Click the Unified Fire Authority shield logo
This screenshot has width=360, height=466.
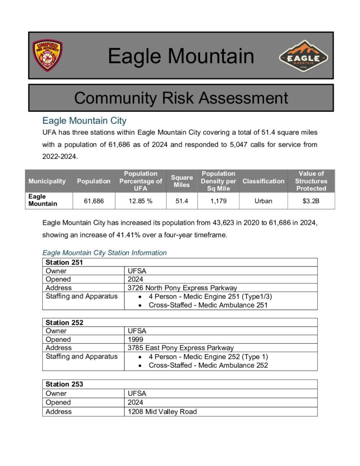point(47,56)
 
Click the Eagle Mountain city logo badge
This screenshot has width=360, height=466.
point(304,56)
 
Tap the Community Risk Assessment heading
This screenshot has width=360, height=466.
point(181,98)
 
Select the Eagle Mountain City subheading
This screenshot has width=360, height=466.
point(84,121)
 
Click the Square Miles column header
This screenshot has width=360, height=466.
point(182,181)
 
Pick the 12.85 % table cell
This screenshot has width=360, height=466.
point(141,201)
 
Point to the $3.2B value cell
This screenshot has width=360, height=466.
point(311,201)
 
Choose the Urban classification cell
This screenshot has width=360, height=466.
point(263,201)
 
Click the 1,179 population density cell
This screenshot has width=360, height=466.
point(218,201)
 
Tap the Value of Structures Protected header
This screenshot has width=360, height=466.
point(311,181)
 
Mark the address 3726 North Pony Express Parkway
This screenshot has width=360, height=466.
point(183,288)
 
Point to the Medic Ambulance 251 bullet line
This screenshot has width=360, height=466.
point(208,305)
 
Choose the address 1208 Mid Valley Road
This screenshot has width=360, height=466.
point(162,411)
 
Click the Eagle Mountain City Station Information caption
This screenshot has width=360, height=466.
point(104,253)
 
